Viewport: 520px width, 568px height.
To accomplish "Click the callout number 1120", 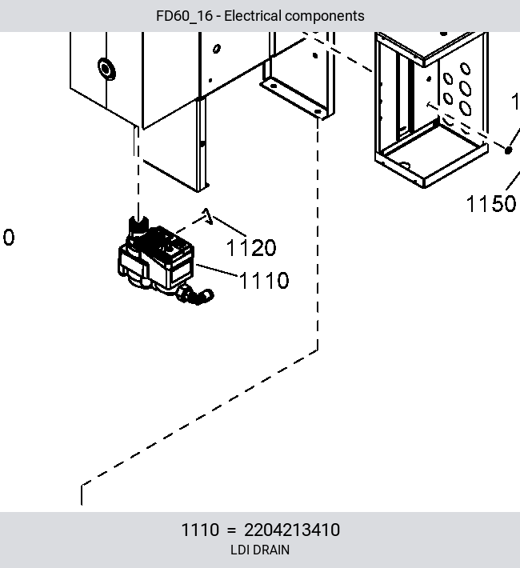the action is coord(251,248).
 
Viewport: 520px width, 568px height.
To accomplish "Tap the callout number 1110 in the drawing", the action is coord(264,280).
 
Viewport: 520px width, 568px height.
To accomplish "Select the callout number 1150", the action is coord(491,203).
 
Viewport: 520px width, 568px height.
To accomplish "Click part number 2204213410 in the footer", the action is coord(292,530).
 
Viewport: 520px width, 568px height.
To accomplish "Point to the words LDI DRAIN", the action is coord(260,550).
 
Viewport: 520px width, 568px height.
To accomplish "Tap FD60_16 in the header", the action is coord(184,16).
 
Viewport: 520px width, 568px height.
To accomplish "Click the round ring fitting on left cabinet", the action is coord(106,69).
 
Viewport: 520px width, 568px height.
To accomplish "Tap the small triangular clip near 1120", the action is coord(207,216).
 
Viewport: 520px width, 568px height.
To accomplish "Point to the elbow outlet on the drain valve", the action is coord(198,295).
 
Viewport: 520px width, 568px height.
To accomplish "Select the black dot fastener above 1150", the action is coord(509,150).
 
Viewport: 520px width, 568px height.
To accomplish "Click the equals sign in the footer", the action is coord(231,530).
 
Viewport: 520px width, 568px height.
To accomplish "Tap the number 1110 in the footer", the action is coord(200,530).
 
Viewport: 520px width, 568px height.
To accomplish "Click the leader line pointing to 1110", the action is coord(217,270).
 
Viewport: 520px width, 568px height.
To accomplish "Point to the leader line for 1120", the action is coord(230,226).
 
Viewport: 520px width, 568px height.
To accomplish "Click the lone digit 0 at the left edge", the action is coord(9,238).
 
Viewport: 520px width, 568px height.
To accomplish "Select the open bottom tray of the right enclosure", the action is coord(431,155).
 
